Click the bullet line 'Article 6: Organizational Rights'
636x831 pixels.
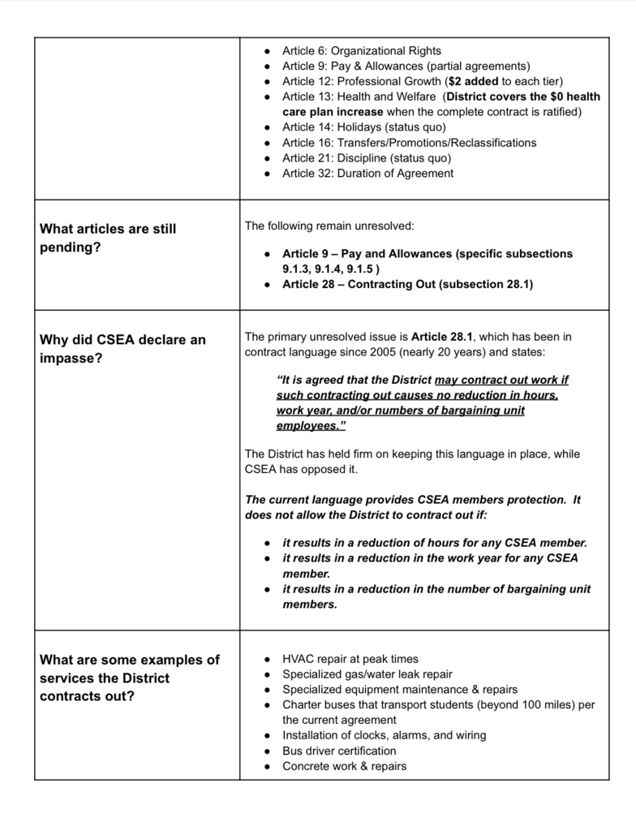[x=362, y=51]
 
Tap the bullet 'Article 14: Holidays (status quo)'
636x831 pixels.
[x=363, y=127]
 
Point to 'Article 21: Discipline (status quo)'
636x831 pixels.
[x=367, y=158]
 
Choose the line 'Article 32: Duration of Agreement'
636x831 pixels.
[x=367, y=173]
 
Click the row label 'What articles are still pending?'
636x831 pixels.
[x=108, y=238]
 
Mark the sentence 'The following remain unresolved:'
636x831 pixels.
[x=329, y=226]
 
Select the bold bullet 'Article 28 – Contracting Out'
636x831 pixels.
[x=406, y=284]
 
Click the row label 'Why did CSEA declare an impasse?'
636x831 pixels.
[x=122, y=348]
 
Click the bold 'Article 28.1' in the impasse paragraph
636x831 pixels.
[x=443, y=337]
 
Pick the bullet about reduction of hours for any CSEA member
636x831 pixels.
[x=434, y=543]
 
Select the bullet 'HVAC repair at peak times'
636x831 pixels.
[x=350, y=659]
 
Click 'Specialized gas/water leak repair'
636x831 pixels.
[x=367, y=674]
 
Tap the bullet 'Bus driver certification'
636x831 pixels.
[x=339, y=751]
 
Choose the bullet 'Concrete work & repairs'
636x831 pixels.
[x=344, y=766]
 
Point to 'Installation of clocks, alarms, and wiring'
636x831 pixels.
[x=384, y=735]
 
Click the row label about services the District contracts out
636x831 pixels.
[x=130, y=678]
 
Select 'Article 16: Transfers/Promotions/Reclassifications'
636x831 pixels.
[x=409, y=143]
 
